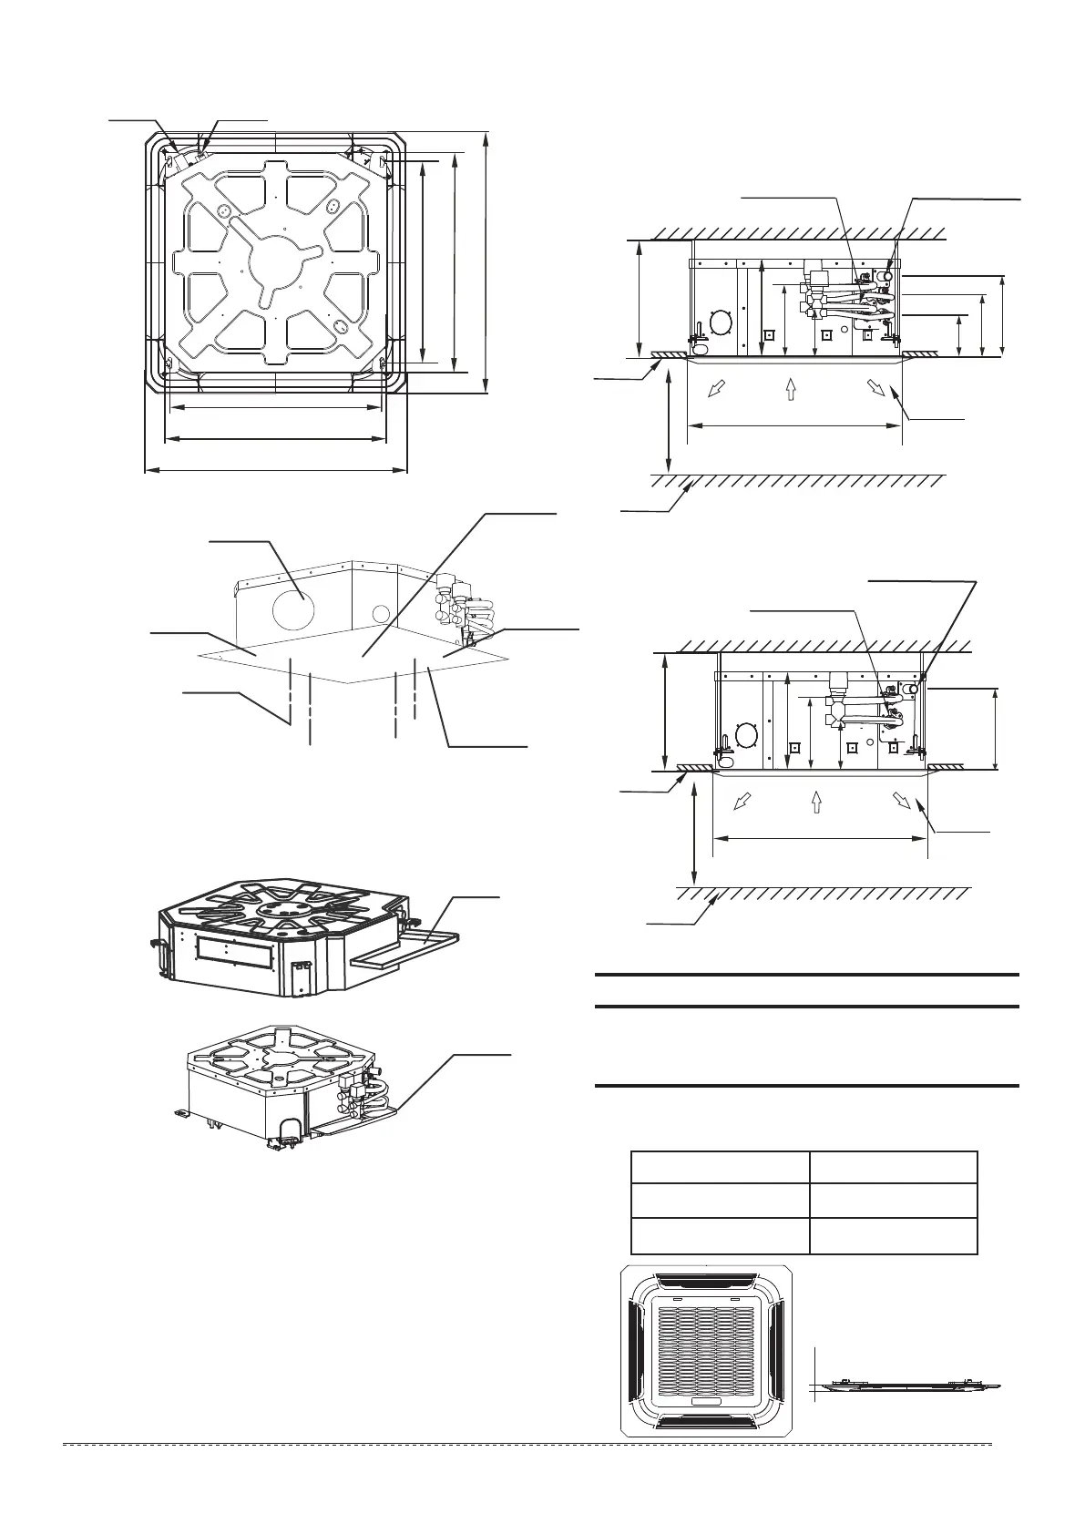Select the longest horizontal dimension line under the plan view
(275, 471)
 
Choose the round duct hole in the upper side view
(720, 322)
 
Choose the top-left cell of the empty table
(720, 1167)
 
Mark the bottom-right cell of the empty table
(893, 1236)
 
